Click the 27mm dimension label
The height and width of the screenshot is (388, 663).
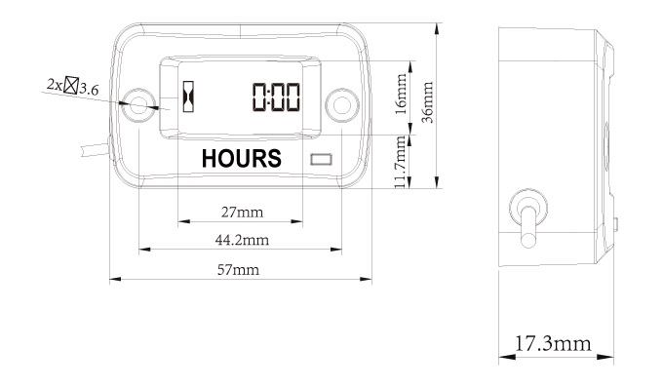pyautogui.click(x=242, y=212)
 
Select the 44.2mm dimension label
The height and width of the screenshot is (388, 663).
pyautogui.click(x=242, y=240)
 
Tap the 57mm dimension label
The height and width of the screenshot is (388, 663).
pyautogui.click(x=239, y=270)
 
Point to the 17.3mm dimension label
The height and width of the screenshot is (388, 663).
pyautogui.click(x=553, y=343)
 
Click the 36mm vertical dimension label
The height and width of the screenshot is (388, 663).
pyautogui.click(x=428, y=102)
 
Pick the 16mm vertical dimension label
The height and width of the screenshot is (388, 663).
pyautogui.click(x=401, y=94)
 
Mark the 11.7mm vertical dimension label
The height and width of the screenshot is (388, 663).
pyautogui.click(x=400, y=162)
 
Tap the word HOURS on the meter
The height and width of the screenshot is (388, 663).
pyautogui.click(x=242, y=159)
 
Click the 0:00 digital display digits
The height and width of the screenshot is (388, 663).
pyautogui.click(x=277, y=97)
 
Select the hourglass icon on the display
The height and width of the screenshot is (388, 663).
pyautogui.click(x=188, y=97)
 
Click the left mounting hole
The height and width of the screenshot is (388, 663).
pyautogui.click(x=138, y=105)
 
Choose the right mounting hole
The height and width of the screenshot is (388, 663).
pyautogui.click(x=342, y=105)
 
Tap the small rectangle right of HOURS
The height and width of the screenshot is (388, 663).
pyautogui.click(x=322, y=159)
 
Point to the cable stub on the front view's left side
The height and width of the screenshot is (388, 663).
pyautogui.click(x=97, y=149)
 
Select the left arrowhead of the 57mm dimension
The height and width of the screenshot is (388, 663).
pyautogui.click(x=115, y=279)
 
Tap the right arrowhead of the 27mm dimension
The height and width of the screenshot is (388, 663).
pyautogui.click(x=297, y=221)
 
